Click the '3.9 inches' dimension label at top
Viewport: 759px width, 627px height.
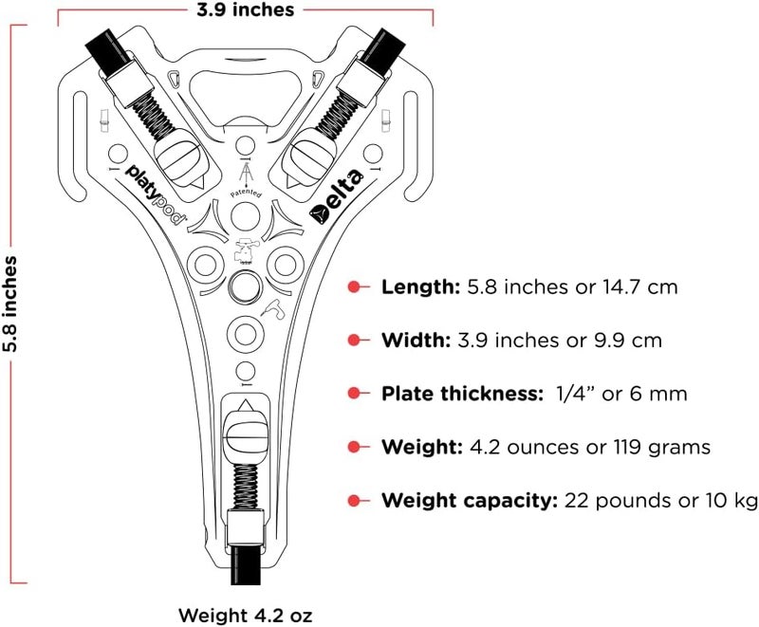coord(245,9)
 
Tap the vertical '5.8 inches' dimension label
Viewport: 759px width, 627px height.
coord(9,304)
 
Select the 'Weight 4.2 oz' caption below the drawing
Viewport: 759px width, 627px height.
coord(246,616)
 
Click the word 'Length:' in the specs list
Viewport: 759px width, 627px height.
coord(420,286)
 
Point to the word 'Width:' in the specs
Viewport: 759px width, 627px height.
coord(417,341)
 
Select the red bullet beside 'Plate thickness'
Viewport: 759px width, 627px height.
coord(354,394)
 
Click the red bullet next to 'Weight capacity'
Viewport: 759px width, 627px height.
coord(354,500)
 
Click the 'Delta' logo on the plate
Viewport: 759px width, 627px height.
coord(337,196)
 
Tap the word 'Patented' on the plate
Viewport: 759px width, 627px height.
coord(246,194)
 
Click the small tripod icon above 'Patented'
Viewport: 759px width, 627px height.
coord(246,174)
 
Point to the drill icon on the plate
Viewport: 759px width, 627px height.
coord(272,309)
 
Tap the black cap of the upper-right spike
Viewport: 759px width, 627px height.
coord(383,50)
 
